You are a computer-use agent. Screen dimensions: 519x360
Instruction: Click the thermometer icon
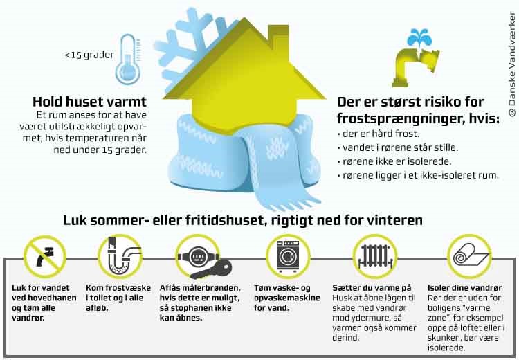click(128, 60)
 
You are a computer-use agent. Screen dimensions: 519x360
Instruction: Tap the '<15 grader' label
click(89, 55)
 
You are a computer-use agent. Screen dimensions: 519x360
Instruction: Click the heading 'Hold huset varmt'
click(89, 102)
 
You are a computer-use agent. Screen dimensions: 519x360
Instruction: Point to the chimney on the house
click(278, 38)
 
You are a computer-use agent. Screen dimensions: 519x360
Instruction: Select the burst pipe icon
click(414, 66)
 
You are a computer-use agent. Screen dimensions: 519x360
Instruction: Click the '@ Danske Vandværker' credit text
click(512, 64)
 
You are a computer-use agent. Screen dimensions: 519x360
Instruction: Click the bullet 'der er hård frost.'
click(379, 134)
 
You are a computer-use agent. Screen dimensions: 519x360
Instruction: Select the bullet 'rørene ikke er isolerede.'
click(394, 161)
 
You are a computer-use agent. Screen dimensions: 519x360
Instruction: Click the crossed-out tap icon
click(45, 257)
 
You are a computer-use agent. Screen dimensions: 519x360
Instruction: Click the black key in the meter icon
click(212, 269)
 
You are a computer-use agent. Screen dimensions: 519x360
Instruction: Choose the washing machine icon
click(288, 256)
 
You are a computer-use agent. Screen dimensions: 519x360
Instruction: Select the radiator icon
click(375, 257)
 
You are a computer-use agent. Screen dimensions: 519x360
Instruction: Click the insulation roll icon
click(469, 256)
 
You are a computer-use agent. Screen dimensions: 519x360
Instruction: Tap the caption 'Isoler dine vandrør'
click(465, 288)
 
